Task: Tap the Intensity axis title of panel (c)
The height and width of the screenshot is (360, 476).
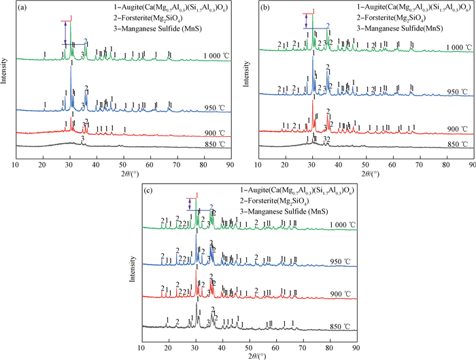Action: [x=132, y=261]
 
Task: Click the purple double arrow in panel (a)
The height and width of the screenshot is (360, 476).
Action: [x=65, y=34]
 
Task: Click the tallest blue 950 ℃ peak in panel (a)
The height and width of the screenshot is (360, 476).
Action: [x=71, y=75]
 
